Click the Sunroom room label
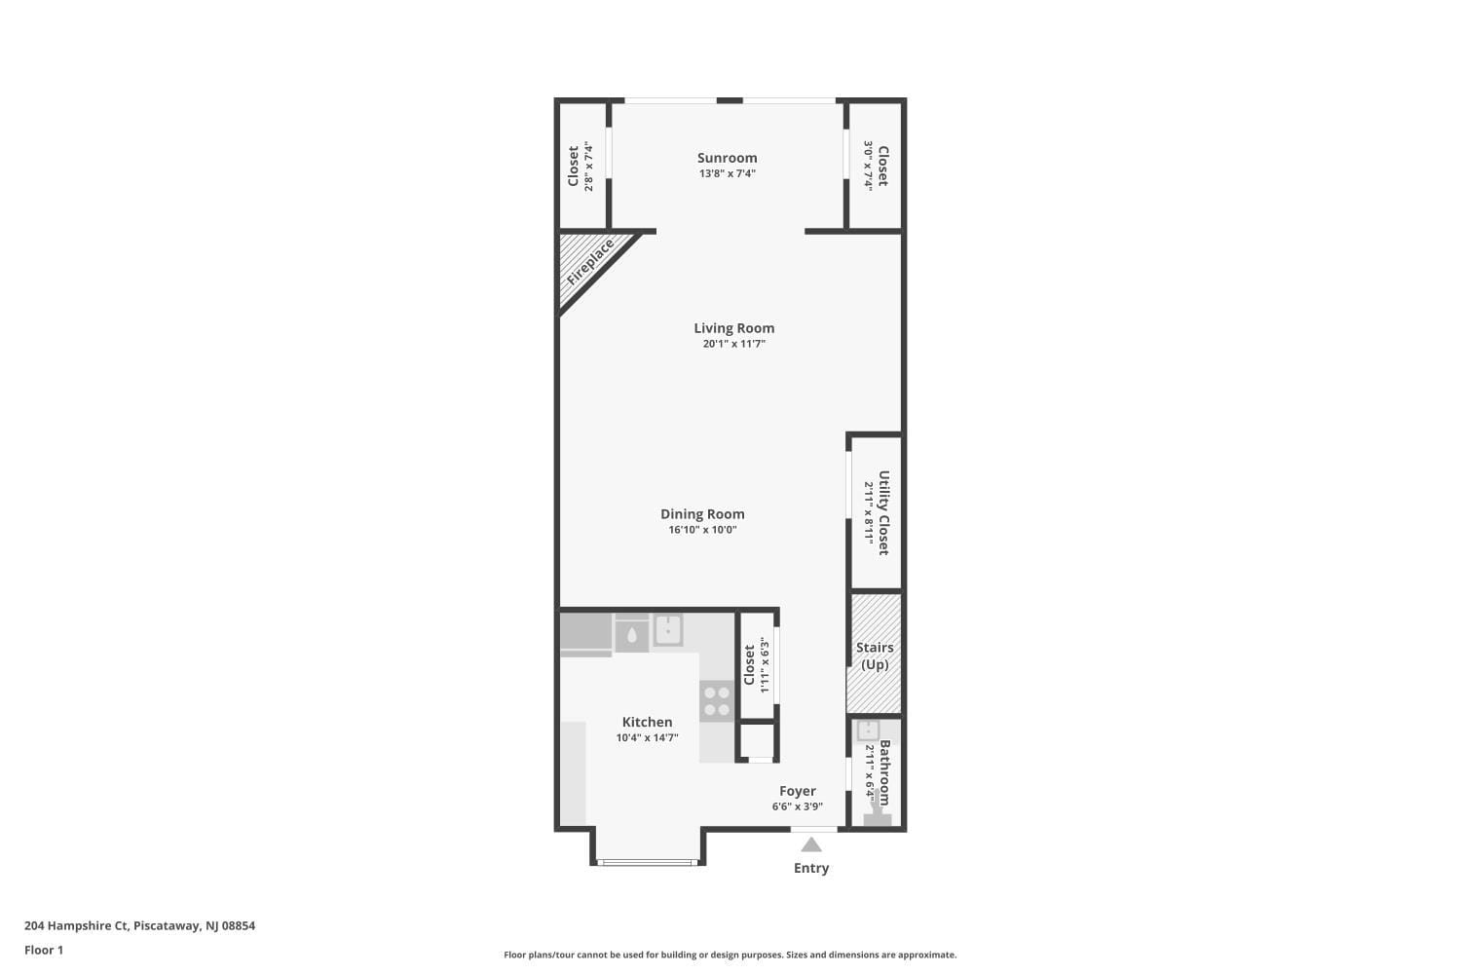point(727,158)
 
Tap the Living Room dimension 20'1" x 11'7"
point(733,344)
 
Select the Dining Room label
point(702,514)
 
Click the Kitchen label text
point(647,722)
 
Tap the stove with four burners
point(717,700)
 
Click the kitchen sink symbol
point(668,630)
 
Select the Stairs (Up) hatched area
point(874,655)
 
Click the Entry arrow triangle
point(811,844)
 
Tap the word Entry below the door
point(811,868)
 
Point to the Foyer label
point(797,791)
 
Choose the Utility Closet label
point(883,512)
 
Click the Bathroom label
point(884,772)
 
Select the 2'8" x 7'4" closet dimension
point(589,167)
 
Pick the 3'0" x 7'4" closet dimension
point(867,167)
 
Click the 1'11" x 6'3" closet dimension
point(765,665)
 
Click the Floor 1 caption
point(44,950)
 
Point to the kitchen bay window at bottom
point(648,862)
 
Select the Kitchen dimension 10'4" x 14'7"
point(647,738)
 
